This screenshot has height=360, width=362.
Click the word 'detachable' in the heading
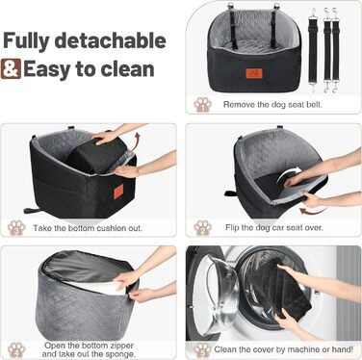110,40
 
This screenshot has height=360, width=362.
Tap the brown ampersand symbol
11,69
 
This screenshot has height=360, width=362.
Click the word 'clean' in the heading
127,69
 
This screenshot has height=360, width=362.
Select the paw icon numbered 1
202,105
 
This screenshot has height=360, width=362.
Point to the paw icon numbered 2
202,228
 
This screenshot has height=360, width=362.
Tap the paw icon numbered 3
16,228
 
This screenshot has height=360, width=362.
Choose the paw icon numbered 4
16,349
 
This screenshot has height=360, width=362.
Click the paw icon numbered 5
202,349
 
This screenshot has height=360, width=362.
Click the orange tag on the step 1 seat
255,73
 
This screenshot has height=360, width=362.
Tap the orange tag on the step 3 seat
118,192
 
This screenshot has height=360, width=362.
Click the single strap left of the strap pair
313,50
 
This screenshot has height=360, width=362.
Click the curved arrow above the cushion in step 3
137,140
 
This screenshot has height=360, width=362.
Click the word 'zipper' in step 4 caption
119,346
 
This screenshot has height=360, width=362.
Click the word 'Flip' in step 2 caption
232,227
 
